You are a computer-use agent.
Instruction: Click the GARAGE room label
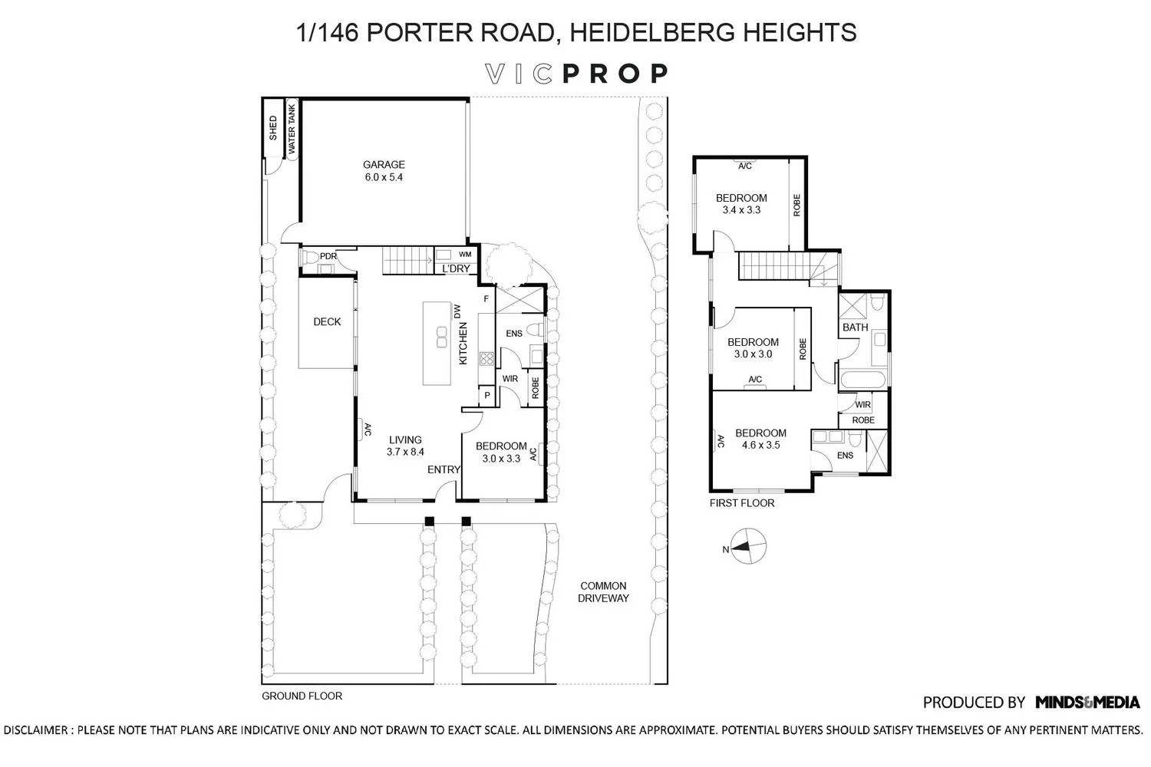(x=384, y=164)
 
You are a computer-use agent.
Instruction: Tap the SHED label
(x=273, y=128)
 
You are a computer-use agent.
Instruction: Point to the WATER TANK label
(x=292, y=129)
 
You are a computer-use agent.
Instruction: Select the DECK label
(x=328, y=321)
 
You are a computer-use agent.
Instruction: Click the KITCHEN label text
(x=463, y=344)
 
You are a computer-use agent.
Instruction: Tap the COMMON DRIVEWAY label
(x=603, y=592)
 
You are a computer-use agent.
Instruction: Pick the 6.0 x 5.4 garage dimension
(x=384, y=177)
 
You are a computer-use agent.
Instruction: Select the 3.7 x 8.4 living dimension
(x=405, y=452)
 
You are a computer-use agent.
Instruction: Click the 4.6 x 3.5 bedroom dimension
(x=761, y=445)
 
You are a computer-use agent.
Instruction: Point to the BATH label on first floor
(x=856, y=328)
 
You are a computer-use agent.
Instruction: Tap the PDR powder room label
(x=328, y=256)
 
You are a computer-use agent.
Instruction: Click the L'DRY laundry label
(x=457, y=268)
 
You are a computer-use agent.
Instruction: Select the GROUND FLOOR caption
(x=302, y=696)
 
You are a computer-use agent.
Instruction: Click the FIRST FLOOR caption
(x=742, y=503)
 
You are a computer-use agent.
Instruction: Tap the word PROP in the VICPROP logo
(x=615, y=74)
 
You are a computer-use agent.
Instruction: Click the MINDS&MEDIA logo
(x=1088, y=703)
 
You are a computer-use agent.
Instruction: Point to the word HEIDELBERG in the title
(x=650, y=32)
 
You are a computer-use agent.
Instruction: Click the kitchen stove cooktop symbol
(x=486, y=358)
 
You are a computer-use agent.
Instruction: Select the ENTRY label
(x=444, y=469)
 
